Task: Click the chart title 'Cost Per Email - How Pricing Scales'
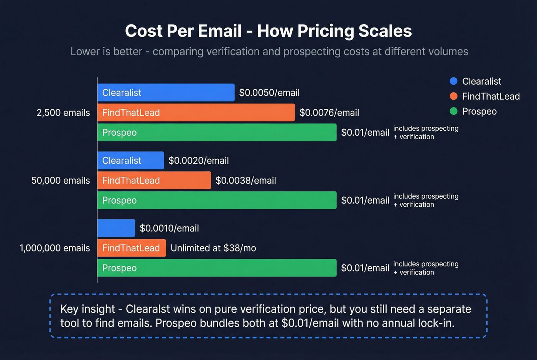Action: (x=268, y=31)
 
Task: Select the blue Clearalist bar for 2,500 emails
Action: (x=166, y=92)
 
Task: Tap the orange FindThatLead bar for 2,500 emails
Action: (x=196, y=112)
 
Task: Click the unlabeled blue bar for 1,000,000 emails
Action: (x=116, y=228)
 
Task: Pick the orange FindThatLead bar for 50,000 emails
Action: (x=154, y=180)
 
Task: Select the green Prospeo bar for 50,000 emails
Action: (x=217, y=200)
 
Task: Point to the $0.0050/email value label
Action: (x=269, y=93)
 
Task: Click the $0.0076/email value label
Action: (x=329, y=113)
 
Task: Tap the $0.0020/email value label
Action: (x=199, y=161)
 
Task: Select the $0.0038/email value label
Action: (x=245, y=181)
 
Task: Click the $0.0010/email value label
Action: (x=169, y=228)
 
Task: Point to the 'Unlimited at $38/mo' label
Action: (x=213, y=248)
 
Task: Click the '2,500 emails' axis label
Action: (x=63, y=113)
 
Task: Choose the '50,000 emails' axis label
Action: (x=61, y=181)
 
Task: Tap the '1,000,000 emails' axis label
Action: (x=54, y=248)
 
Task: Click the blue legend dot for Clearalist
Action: (x=453, y=81)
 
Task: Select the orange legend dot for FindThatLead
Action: (x=453, y=96)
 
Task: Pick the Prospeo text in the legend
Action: (x=479, y=111)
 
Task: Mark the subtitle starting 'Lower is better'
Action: (x=269, y=51)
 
